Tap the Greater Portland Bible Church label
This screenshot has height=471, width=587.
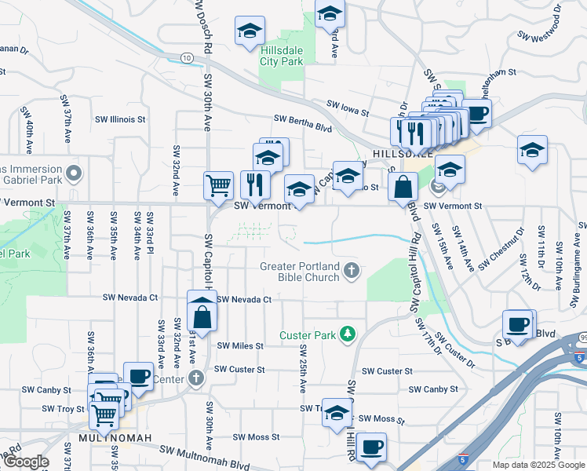301,272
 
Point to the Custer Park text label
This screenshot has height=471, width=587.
307,335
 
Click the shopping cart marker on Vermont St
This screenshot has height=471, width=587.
219,186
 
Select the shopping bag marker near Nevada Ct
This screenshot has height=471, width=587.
202,316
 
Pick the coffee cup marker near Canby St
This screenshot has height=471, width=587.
139,376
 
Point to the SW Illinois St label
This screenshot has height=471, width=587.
120,120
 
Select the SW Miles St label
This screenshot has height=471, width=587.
240,345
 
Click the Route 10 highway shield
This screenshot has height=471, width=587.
186,57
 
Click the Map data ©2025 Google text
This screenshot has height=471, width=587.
538,465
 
